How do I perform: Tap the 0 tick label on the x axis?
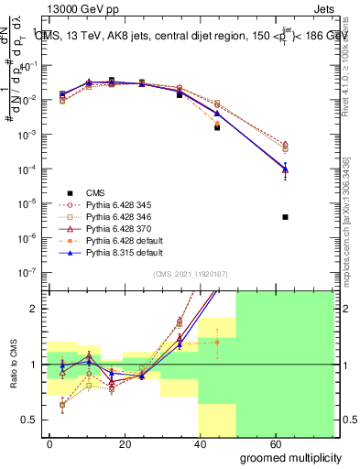coord(49,444)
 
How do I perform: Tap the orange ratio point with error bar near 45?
coord(217,343)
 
